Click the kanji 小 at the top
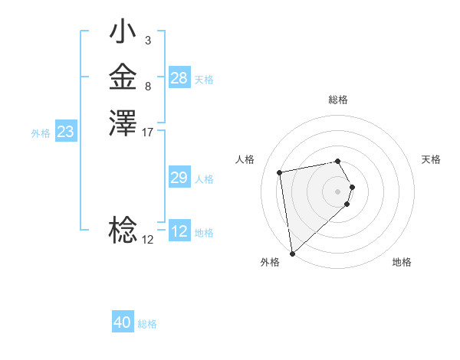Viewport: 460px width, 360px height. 123,34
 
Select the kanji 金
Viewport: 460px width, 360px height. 123,78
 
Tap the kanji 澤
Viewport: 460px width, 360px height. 123,123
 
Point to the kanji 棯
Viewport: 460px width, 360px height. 123,230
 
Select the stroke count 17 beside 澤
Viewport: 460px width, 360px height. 148,133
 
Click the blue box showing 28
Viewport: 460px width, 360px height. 179,78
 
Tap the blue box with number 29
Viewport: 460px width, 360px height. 179,178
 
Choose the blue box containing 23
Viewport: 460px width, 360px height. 66,132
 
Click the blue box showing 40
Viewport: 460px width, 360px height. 123,322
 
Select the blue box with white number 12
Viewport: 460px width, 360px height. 179,231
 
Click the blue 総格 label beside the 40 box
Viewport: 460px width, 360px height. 148,324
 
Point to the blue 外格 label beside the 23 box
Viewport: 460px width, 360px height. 41,133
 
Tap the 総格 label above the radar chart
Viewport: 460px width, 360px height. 338,100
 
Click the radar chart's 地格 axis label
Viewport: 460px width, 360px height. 402,262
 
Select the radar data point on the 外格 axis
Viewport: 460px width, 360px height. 292,253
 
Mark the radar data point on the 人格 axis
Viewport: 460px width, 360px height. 280,172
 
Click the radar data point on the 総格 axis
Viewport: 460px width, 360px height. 338,161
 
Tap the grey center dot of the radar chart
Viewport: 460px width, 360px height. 338,191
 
